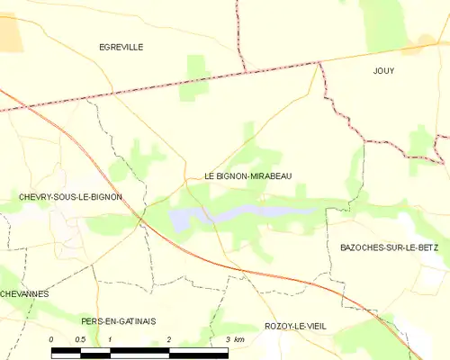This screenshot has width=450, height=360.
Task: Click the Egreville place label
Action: pos(121,47)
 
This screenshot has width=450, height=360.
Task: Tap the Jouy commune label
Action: pos(384,69)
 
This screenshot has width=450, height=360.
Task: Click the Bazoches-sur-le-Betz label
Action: pos(393,247)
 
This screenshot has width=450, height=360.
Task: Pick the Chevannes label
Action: pos(24,293)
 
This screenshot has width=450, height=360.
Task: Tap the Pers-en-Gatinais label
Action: pos(118,320)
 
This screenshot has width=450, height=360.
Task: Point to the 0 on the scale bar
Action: pos(51,339)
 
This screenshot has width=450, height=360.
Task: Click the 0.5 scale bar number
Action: pos(80,339)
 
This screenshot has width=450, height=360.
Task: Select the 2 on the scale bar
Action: pos(169,339)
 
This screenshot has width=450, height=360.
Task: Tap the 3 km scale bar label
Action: pos(234,339)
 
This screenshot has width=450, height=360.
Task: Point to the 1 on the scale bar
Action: pos(110,339)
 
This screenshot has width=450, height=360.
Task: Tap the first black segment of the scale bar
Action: pos(66,352)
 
